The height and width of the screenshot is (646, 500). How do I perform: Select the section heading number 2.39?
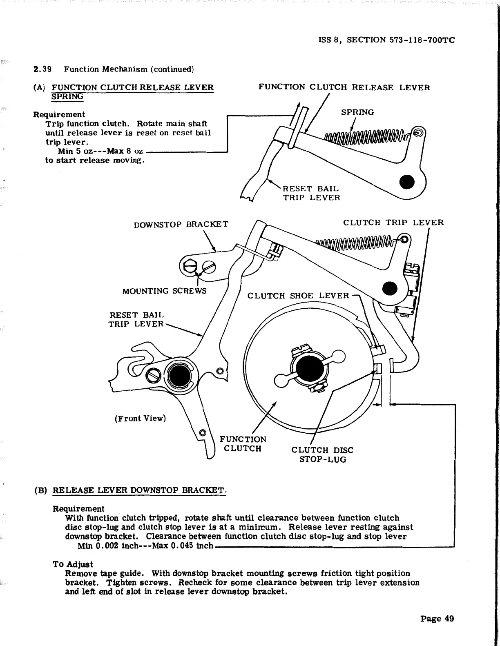(x=42, y=69)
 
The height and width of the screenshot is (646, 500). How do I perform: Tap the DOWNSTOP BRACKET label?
(x=181, y=224)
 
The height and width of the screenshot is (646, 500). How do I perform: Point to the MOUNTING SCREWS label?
(x=164, y=291)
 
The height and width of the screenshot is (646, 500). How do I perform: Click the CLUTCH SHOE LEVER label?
(x=298, y=296)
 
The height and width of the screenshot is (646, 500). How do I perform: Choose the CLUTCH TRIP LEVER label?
(x=393, y=223)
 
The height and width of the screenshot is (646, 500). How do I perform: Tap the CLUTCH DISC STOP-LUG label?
(x=322, y=454)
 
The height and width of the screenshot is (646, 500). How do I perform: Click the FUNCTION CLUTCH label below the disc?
(x=243, y=444)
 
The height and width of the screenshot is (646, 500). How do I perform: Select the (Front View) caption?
(x=140, y=419)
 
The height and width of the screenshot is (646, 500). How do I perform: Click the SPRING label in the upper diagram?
(x=357, y=112)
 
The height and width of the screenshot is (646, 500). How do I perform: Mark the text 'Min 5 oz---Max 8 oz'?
(x=100, y=151)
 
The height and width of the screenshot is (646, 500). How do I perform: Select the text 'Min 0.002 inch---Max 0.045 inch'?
(x=145, y=546)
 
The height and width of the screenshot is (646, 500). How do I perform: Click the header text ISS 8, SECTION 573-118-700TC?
(x=386, y=40)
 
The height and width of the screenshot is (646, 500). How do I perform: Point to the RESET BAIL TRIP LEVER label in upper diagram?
(x=311, y=193)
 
